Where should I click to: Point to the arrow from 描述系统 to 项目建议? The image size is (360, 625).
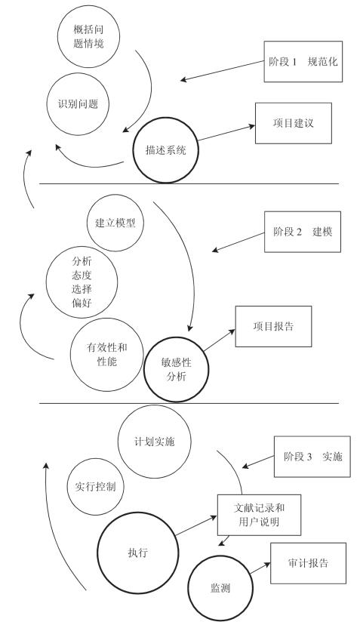click(x=226, y=133)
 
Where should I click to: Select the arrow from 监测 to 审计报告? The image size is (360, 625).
click(x=260, y=568)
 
